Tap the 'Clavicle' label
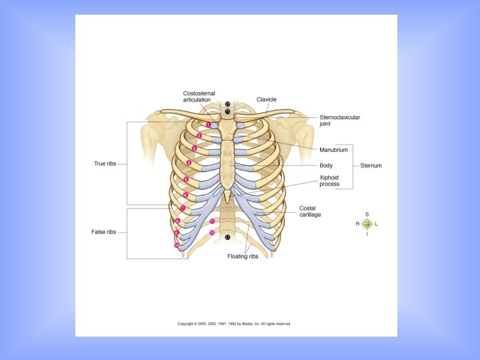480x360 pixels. (x=267, y=99)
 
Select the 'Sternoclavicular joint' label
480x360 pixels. (x=339, y=120)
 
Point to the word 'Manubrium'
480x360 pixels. (x=333, y=150)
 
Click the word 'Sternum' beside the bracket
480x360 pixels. (x=371, y=165)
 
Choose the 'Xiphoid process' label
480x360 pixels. (x=329, y=181)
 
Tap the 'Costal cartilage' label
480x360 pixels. (x=307, y=211)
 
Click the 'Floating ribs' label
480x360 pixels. (x=243, y=256)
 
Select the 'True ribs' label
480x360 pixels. (x=105, y=163)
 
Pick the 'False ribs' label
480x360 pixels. (x=104, y=232)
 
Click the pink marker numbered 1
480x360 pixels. (x=209, y=124)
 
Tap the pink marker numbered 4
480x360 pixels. (x=189, y=163)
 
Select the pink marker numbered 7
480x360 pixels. (x=183, y=208)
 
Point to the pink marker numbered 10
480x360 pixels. (x=177, y=245)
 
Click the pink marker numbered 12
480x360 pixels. (x=212, y=233)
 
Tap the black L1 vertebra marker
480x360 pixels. (x=227, y=237)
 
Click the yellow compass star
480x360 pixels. (x=367, y=224)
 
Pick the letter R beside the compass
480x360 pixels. (x=357, y=224)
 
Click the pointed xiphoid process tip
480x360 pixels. (x=227, y=201)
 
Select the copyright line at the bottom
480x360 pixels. (x=234, y=324)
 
